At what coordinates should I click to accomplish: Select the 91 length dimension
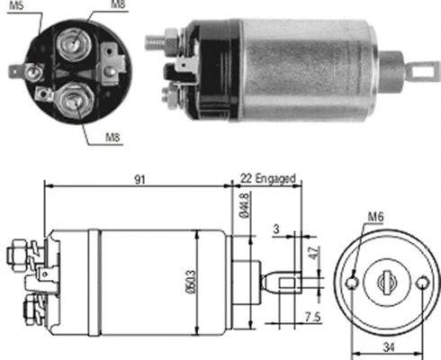pos(139,179)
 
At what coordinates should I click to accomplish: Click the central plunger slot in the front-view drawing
pos(390,281)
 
